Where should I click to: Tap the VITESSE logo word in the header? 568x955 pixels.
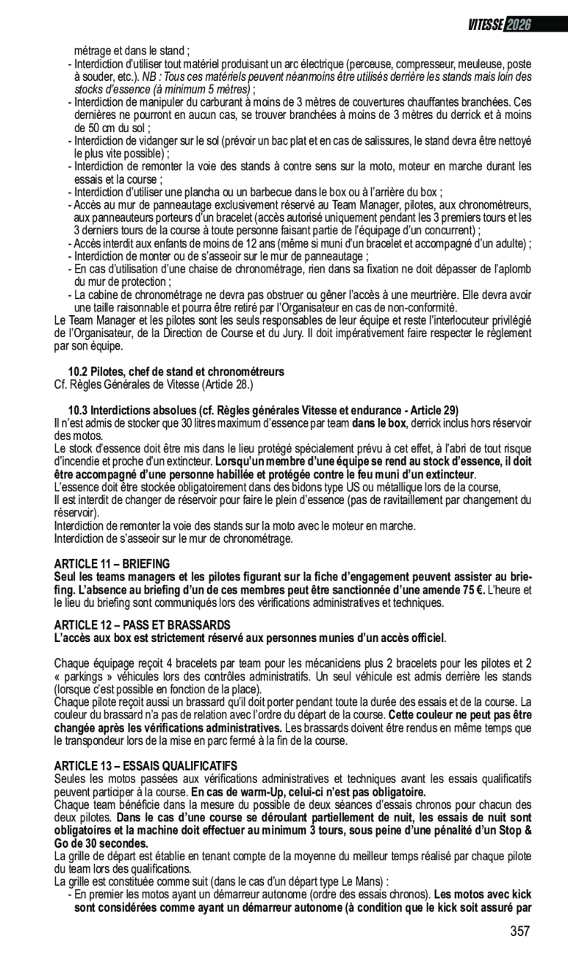coord(486,25)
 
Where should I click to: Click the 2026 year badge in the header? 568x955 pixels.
coord(519,25)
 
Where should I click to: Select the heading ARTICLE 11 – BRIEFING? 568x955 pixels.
coord(112,563)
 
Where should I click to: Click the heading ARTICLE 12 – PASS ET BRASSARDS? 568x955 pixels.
coord(143,624)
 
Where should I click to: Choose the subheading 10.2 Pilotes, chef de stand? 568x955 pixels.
coord(176,372)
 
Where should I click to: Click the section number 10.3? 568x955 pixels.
coord(77,409)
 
